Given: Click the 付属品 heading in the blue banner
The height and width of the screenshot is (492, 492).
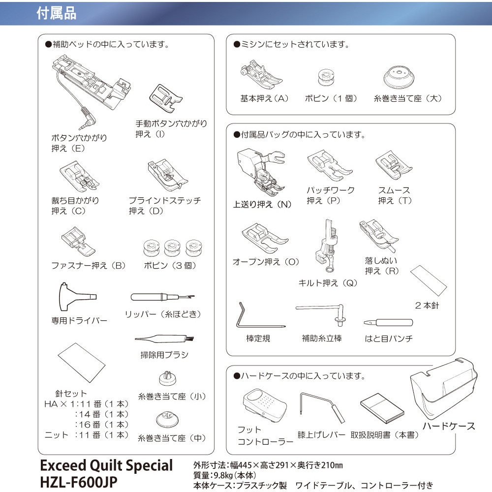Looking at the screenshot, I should pyautogui.click(x=57, y=13).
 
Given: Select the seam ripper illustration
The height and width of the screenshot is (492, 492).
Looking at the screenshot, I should pyautogui.click(x=162, y=298).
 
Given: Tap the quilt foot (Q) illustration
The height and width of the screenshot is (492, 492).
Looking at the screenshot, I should pyautogui.click(x=328, y=246).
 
